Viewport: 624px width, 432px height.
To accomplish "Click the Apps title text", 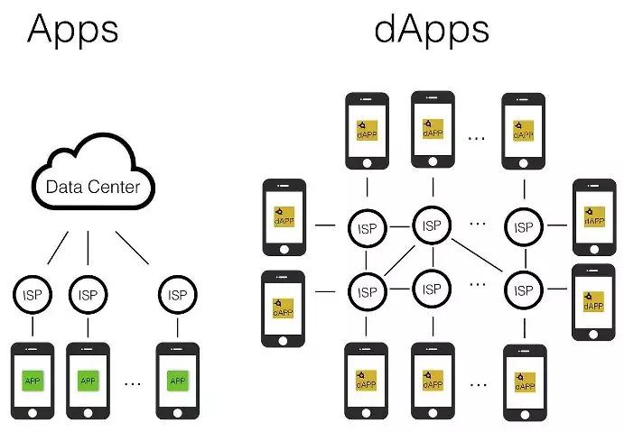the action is (73, 31).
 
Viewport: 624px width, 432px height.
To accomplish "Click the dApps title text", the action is (432, 31).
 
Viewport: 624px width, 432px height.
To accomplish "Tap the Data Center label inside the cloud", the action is (93, 187).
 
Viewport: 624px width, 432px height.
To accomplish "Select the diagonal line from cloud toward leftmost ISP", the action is (58, 248).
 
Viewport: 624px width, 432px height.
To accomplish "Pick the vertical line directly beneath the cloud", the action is (88, 248).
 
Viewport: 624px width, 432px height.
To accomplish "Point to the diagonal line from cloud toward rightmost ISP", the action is (133, 248).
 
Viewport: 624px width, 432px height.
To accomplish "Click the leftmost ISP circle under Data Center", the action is (33, 295).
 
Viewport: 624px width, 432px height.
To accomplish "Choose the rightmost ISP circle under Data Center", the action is (178, 295).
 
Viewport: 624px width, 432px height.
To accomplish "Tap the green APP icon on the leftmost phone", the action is (33, 381).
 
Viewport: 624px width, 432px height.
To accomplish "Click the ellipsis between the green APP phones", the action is (133, 384).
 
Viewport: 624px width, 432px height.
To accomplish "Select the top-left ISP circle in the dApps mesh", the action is (367, 228).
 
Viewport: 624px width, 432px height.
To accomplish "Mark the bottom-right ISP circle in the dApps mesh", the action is (524, 290).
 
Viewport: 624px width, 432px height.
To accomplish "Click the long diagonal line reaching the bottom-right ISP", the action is (478, 255).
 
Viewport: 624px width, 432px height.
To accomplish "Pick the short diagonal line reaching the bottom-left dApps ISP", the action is (399, 261).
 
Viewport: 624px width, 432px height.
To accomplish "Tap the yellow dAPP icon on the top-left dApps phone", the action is (367, 131).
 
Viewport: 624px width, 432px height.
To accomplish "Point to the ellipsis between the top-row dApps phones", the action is (477, 138).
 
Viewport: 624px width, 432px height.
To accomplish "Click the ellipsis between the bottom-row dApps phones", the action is (478, 385).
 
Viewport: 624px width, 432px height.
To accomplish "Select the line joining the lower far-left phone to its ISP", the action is (325, 291).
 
